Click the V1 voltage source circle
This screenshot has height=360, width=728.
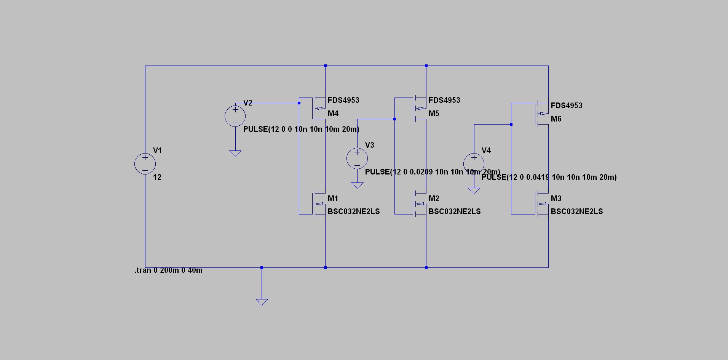[x=145, y=164]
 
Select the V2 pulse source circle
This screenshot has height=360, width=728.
[x=235, y=116]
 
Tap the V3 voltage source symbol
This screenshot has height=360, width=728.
[x=357, y=158]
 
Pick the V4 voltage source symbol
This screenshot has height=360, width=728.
[x=474, y=163]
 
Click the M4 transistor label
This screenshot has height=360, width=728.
[x=333, y=114]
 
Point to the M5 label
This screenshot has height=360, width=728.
[x=434, y=114]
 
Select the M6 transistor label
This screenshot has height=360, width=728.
[x=556, y=119]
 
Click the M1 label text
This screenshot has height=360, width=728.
[x=333, y=198]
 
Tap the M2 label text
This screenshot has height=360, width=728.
[x=434, y=198]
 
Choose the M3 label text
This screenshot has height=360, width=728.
[x=556, y=198]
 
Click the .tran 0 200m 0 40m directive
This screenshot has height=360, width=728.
[x=168, y=270]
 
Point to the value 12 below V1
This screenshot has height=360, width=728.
[x=157, y=177]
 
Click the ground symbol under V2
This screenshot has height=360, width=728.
[x=235, y=153]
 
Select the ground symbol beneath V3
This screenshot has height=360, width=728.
[x=357, y=185]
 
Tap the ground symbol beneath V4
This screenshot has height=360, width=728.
[x=474, y=190]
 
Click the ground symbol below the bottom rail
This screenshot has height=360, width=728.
[x=262, y=302]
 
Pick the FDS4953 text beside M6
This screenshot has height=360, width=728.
[x=566, y=106]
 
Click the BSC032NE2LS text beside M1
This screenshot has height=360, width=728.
[x=353, y=211]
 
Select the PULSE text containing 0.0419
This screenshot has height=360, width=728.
[x=549, y=177]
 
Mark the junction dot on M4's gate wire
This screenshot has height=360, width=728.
[x=299, y=103]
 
